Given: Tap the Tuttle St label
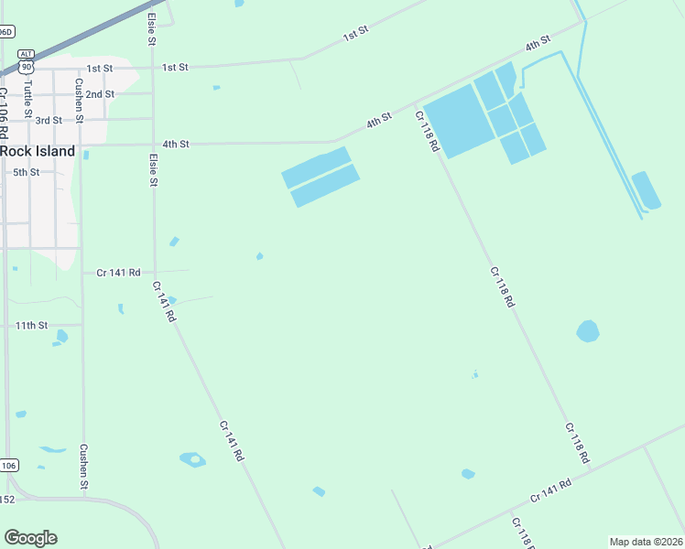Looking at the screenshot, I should click(x=28, y=91).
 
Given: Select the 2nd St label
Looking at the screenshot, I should click(x=100, y=94).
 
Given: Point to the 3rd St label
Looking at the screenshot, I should click(x=49, y=120).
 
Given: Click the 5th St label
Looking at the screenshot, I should click(x=26, y=172).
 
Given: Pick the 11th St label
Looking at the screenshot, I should click(x=31, y=326).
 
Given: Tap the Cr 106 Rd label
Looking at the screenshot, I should click(x=5, y=106).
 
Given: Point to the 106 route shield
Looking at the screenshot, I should click(x=7, y=466).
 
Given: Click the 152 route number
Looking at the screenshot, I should click(x=6, y=499).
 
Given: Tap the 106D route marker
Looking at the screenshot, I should click(x=5, y=32).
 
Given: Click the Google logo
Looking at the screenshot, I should click(x=30, y=538).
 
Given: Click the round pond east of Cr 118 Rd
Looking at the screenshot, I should click(x=587, y=330).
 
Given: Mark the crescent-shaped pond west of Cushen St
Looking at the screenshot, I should click(x=53, y=449).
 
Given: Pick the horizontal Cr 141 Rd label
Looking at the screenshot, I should click(x=118, y=272).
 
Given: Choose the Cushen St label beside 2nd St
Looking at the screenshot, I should click(x=80, y=101).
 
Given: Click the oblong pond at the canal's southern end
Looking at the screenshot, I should click(x=647, y=190).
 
